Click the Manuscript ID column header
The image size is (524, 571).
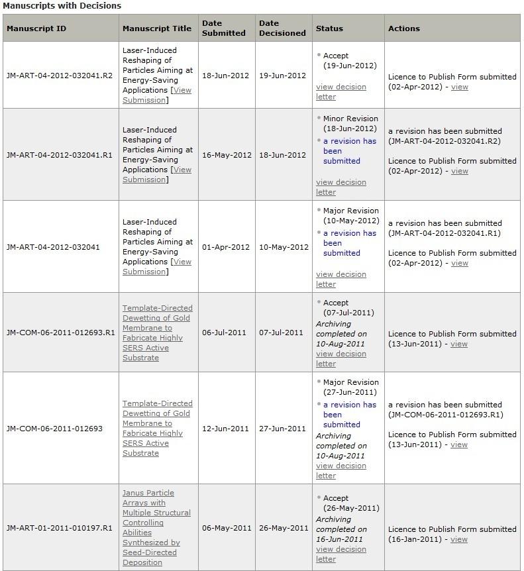(x=36, y=28)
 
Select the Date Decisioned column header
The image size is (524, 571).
(x=282, y=28)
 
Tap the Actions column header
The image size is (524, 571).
(x=404, y=28)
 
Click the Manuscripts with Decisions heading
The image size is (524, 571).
(x=62, y=5)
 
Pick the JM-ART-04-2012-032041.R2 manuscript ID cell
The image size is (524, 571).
(x=60, y=76)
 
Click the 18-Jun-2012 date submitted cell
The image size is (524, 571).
(x=227, y=76)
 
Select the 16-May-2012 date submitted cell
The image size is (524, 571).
(x=227, y=155)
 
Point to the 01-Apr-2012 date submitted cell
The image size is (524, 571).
(x=226, y=247)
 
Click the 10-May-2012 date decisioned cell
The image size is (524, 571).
(x=284, y=247)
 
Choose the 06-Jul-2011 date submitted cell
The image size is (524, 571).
(x=224, y=333)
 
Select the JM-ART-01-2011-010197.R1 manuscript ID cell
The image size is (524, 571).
(x=60, y=528)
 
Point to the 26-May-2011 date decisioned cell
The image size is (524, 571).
(x=284, y=528)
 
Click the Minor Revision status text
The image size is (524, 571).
(x=350, y=119)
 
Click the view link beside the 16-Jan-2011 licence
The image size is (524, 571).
(x=459, y=539)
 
